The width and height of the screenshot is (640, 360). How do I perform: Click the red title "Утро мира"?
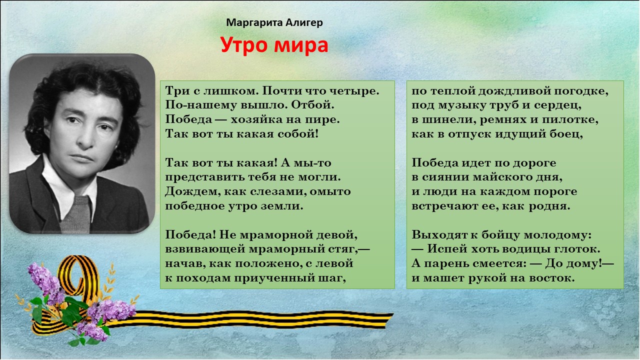click(x=274, y=45)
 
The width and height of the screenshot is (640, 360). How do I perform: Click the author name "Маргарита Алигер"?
click(x=274, y=22)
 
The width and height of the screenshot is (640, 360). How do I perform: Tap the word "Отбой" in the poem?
click(x=312, y=105)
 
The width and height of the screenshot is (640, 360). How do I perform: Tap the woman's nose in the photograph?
click(x=85, y=137)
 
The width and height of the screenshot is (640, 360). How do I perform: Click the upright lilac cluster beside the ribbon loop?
click(x=45, y=283)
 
